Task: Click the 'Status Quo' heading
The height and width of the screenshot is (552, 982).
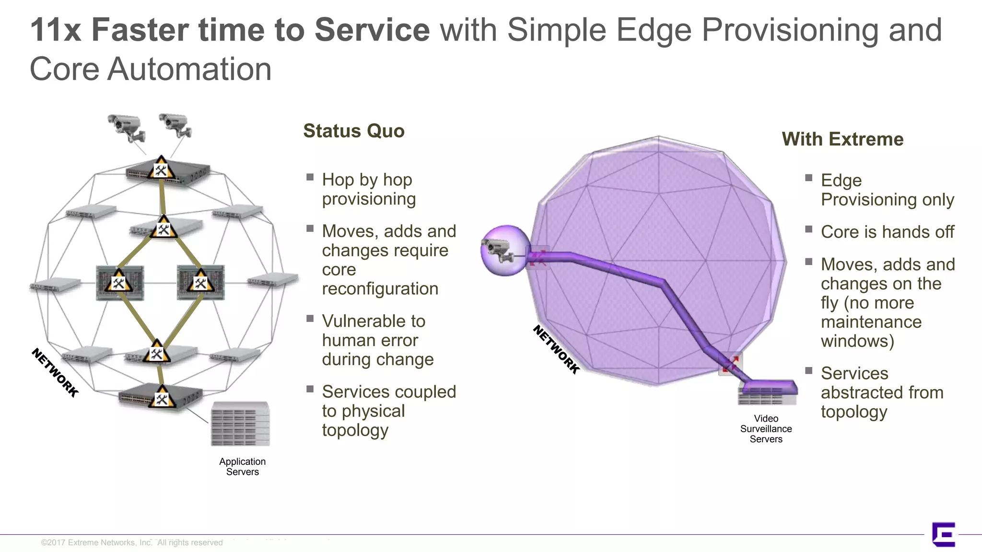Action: pos(354,131)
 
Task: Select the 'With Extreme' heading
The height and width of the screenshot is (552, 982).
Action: pos(842,139)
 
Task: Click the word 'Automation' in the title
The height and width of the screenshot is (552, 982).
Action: pos(189,69)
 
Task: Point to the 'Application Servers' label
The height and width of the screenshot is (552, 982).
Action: pos(242,466)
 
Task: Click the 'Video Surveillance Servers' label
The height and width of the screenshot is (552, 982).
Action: pos(766,429)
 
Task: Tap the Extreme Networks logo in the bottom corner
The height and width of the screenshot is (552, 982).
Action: pos(943,534)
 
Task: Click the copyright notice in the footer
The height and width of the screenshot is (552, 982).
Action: pos(132,542)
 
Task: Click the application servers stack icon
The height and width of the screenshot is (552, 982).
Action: pos(241,424)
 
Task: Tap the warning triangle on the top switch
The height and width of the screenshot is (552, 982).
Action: pos(161,168)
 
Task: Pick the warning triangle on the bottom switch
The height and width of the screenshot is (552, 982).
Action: pos(162,398)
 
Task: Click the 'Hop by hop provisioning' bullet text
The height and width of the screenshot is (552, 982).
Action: pos(368,189)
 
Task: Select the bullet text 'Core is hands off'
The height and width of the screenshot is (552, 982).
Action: pos(887,232)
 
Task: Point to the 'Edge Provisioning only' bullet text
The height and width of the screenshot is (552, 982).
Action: pos(887,190)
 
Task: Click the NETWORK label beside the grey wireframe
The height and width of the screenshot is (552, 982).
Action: pos(55,372)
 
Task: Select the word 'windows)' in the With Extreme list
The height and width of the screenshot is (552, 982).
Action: pos(857,341)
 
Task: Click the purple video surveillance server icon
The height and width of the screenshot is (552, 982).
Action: pos(768,392)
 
